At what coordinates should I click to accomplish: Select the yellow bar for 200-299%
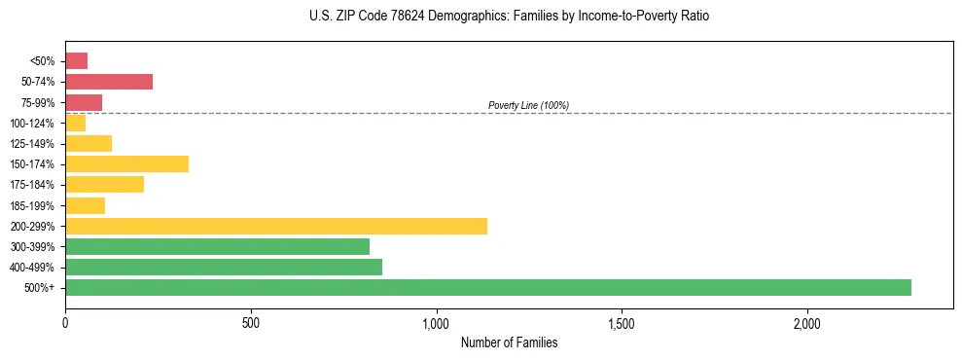tap(276, 226)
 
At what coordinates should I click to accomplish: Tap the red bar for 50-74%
tap(109, 82)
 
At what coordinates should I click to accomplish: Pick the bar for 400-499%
tap(224, 268)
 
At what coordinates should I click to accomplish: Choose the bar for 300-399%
tap(217, 247)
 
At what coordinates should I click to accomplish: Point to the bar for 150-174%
tap(126, 164)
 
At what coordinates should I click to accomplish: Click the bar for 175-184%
tap(104, 185)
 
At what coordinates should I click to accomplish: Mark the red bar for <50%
tap(76, 61)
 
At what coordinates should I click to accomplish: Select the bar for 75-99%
tap(84, 102)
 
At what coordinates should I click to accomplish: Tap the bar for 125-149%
tap(89, 144)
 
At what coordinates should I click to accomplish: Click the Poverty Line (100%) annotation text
tap(528, 105)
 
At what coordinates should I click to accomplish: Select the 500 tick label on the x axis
tap(251, 322)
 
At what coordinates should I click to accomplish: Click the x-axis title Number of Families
tap(509, 342)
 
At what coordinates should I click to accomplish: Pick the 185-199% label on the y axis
tap(33, 205)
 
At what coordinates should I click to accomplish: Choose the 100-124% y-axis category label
tap(33, 124)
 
